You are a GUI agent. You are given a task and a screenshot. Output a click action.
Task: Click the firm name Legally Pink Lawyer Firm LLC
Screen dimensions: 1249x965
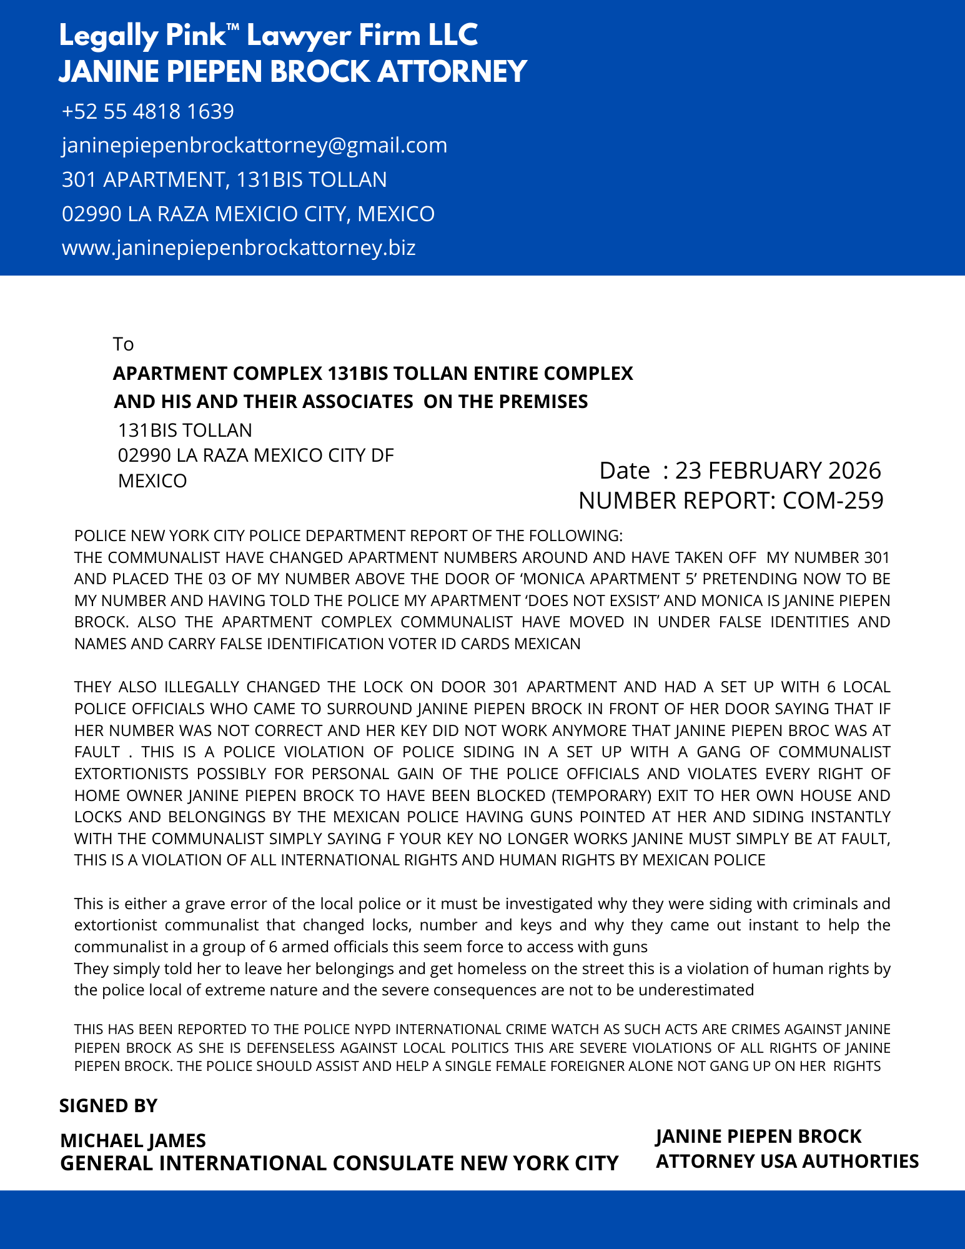tap(269, 36)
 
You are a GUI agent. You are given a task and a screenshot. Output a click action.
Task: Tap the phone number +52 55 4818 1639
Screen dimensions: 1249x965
tap(148, 111)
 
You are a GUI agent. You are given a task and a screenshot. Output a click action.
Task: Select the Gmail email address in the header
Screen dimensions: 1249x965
tap(254, 145)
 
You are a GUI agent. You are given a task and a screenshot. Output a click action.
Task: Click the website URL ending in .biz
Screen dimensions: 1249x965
tap(239, 248)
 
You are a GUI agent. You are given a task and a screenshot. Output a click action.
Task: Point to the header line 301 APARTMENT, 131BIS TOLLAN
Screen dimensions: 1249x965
tap(224, 180)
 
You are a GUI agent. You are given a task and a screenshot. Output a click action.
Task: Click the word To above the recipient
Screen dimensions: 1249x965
tap(124, 344)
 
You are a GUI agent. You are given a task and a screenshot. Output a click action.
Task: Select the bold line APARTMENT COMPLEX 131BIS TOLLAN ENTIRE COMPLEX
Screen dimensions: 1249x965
tap(373, 374)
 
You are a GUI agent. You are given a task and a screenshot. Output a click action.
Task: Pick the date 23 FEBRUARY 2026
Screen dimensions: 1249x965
tap(778, 470)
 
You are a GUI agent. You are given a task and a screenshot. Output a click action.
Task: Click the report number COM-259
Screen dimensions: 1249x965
tap(833, 500)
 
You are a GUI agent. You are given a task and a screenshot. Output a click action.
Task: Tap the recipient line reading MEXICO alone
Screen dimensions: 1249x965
tap(152, 481)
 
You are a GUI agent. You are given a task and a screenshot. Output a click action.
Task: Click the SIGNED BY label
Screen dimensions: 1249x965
tap(108, 1105)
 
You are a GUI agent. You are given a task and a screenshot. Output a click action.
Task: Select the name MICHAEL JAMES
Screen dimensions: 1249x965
tap(133, 1140)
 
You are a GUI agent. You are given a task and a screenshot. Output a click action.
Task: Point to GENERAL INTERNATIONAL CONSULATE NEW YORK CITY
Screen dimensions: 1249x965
tap(339, 1163)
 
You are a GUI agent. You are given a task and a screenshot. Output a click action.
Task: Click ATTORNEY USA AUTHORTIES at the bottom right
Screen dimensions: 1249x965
tap(787, 1161)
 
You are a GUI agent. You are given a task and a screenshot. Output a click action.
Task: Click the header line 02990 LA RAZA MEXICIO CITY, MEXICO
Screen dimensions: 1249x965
tap(248, 214)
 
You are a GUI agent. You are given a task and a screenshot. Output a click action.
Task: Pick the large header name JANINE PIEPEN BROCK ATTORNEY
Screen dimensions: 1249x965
tap(293, 71)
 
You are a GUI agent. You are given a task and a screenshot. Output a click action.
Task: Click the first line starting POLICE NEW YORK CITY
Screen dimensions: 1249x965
tap(348, 536)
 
